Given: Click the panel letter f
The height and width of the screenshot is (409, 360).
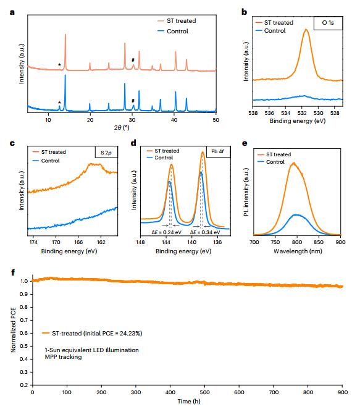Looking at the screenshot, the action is tap(13, 272).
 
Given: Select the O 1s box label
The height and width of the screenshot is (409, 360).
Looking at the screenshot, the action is tap(328, 23).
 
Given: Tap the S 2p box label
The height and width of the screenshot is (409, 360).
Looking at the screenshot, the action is tap(106, 153).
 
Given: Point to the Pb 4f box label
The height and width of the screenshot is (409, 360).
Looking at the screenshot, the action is tap(218, 151).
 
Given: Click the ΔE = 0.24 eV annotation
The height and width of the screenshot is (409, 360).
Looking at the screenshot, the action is tap(167, 232).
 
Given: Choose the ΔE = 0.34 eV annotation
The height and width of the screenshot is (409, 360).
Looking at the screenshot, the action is tap(205, 232).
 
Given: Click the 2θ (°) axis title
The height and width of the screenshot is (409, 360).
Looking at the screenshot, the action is tap(122, 127).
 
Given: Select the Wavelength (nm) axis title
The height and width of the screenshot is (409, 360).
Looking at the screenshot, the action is tap(298, 251).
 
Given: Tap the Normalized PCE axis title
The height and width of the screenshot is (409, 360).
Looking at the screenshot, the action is tap(14, 330).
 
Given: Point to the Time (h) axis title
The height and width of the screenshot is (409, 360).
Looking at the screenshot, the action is tap(189, 401).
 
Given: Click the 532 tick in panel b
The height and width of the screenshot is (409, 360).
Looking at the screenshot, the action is tap(302, 113).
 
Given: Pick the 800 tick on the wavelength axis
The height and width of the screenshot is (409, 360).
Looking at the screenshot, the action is tap(297, 242).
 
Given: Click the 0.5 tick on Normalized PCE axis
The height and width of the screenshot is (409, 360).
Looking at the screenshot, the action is tap(23, 346).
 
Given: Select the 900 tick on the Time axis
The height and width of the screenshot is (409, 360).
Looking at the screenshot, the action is tap(343, 392).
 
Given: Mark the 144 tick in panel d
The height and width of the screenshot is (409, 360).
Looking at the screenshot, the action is tap(166, 242).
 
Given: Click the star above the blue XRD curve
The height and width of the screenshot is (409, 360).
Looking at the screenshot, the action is tap(59, 103).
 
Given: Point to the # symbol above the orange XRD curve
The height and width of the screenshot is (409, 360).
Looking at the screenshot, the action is tap(133, 60).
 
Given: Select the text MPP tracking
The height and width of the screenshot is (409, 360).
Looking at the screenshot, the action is tap(63, 357).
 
